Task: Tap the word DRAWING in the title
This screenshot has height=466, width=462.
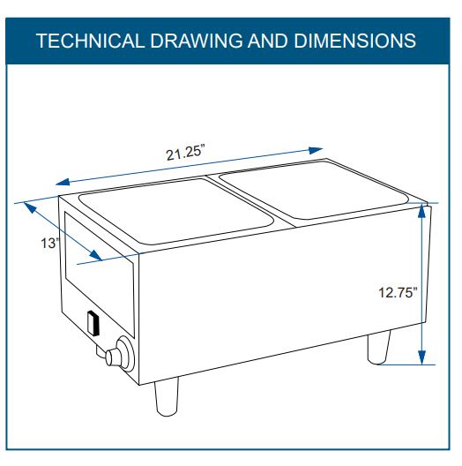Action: tap(197, 41)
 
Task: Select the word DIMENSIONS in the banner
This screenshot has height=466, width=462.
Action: tap(354, 41)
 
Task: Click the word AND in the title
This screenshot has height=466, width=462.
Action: tap(268, 41)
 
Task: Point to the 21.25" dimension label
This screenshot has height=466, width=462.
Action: tap(185, 153)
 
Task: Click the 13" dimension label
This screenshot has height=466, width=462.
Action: tap(49, 243)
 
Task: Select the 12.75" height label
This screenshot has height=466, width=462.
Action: tap(398, 292)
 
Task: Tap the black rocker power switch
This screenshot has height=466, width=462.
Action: tap(93, 323)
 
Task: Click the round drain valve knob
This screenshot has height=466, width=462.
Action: tap(120, 353)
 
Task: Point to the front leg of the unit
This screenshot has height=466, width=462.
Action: tap(167, 396)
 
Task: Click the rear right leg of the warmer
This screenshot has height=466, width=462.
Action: tap(379, 349)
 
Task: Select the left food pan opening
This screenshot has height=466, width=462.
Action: tap(176, 212)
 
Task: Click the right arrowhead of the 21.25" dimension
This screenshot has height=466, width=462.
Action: tap(316, 150)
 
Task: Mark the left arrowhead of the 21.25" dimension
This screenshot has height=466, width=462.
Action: tap(63, 181)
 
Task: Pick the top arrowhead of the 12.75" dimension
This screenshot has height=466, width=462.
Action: tap(421, 211)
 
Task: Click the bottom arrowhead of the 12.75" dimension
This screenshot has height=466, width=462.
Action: tap(421, 357)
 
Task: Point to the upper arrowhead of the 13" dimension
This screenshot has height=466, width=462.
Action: tap(30, 207)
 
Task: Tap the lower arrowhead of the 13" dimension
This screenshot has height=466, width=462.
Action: tap(95, 255)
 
